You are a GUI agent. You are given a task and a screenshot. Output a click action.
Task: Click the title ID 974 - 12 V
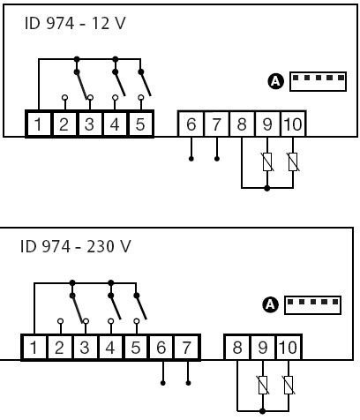point(75,24)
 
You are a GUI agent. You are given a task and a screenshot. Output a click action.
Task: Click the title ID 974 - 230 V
point(75,246)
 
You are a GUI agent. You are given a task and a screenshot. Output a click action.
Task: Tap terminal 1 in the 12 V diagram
point(38,124)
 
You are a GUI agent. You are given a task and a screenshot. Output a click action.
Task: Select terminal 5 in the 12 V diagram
point(140,124)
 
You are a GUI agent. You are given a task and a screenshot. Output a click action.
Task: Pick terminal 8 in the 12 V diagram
point(242,124)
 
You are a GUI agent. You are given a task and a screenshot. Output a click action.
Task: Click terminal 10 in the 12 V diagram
point(293,124)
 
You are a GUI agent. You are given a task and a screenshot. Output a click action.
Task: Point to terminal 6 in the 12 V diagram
point(191,124)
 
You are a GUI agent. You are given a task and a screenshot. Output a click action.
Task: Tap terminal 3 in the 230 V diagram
point(85,348)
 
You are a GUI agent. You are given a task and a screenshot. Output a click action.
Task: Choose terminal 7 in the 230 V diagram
point(187,348)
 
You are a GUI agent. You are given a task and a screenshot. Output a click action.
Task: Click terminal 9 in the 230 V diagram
point(263,348)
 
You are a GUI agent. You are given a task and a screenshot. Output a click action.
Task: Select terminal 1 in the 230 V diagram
point(34,348)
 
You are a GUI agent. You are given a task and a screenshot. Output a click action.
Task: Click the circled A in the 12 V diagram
point(276,81)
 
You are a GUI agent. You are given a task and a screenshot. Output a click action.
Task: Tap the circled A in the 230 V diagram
point(270,304)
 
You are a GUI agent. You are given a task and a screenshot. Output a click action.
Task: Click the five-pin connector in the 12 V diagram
point(318,81)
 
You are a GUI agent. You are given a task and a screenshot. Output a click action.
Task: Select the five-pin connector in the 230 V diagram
point(312,305)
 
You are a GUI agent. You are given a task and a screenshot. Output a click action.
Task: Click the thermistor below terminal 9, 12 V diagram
point(267,162)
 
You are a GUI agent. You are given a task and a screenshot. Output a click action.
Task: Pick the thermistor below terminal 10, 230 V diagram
point(289,386)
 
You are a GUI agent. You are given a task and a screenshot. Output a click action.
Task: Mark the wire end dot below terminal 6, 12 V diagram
point(191,159)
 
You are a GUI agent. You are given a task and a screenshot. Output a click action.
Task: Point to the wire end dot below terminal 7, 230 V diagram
point(188,383)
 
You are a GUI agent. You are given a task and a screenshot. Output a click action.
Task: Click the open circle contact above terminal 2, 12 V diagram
point(65,97)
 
